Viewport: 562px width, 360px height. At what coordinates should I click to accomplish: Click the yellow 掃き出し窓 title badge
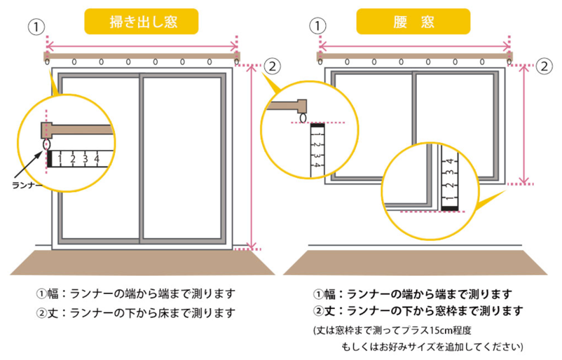(x=142, y=21)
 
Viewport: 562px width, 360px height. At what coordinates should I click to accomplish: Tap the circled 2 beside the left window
(x=273, y=67)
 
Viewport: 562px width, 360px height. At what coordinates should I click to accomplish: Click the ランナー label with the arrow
(x=28, y=186)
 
